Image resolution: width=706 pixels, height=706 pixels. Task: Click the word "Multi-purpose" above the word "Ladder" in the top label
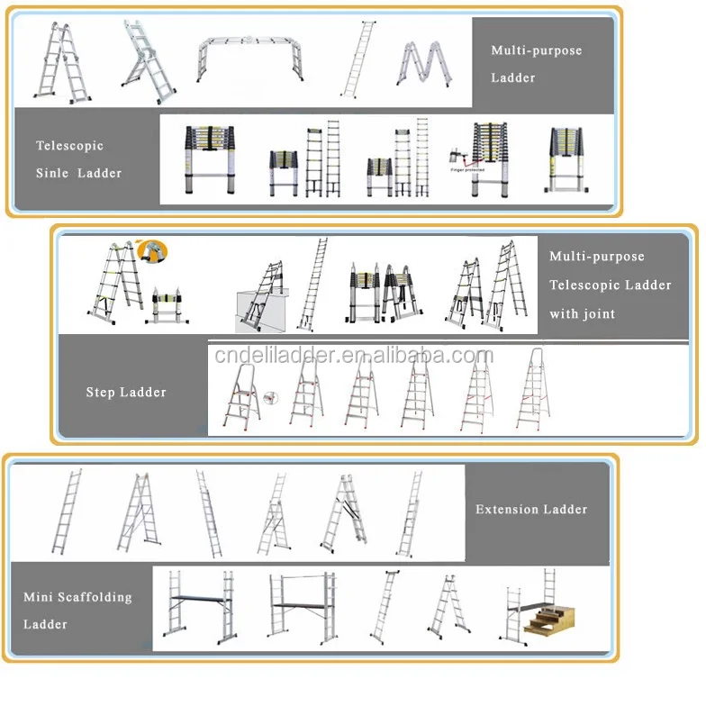point(536,50)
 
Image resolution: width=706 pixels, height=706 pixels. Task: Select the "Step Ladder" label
point(126,393)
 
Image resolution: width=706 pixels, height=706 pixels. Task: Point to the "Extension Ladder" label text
point(531,510)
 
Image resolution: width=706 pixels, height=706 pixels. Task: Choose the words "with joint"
point(583,314)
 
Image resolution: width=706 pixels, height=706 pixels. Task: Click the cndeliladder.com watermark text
point(353,356)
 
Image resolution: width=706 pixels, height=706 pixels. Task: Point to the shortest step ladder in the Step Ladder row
point(241,403)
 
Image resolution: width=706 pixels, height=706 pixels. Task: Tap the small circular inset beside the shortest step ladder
point(277,395)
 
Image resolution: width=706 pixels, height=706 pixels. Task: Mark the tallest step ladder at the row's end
point(533,389)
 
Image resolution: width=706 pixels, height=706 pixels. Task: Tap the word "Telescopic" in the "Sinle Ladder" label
point(69,146)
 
